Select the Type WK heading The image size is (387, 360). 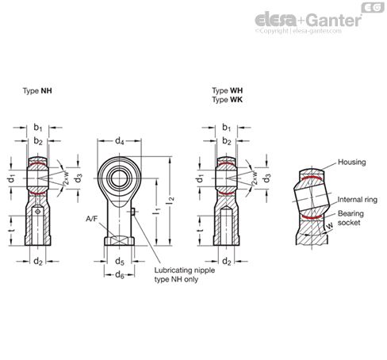(x=226, y=100)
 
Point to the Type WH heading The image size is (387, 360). (x=226, y=91)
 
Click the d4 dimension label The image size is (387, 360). (x=120, y=141)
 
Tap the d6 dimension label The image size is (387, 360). (x=119, y=274)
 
